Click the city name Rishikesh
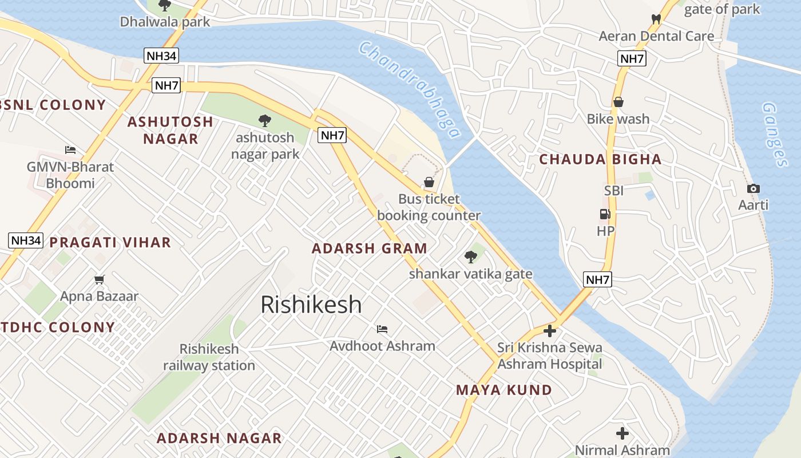tap(311, 305)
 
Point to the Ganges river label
tap(775, 134)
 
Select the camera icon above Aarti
tap(754, 188)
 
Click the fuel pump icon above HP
tap(605, 214)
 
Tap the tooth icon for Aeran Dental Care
tap(656, 19)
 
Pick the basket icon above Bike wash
tap(618, 102)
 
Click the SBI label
tap(614, 191)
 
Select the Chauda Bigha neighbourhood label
tap(600, 160)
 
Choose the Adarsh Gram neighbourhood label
tap(370, 248)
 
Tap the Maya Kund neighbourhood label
tap(504, 390)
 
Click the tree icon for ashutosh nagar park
tap(264, 121)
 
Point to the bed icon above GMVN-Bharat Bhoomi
tap(70, 150)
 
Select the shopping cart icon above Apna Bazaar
tap(100, 279)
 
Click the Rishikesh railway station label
tap(209, 357)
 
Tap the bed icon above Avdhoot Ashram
tap(382, 329)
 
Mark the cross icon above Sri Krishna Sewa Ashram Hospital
tap(550, 331)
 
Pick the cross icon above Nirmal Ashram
tap(622, 433)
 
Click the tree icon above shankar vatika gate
tap(471, 257)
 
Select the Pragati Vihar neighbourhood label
tap(110, 242)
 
